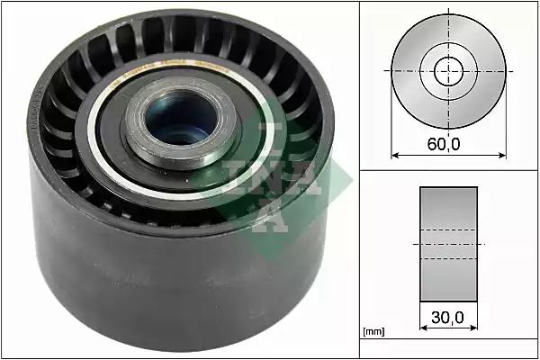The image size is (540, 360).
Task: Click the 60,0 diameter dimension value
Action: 444,144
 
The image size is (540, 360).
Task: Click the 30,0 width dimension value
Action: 447,318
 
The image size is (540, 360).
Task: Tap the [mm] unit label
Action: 374,331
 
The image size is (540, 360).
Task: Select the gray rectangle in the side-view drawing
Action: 448,244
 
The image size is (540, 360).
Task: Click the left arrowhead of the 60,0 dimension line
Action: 395,156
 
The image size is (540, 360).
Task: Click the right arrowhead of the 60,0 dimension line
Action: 502,156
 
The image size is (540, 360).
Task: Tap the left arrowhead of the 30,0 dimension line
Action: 424,328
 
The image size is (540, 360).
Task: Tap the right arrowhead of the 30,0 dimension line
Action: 474,328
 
